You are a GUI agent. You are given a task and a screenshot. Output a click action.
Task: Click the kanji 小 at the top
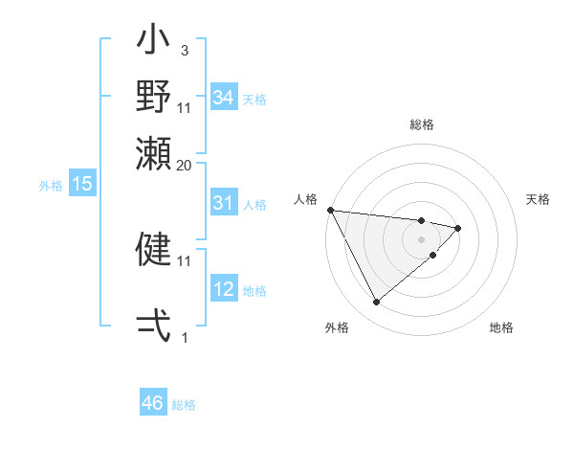(x=153, y=44)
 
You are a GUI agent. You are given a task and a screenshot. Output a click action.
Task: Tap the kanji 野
(x=153, y=96)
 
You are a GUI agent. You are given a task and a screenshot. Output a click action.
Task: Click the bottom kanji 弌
(x=153, y=326)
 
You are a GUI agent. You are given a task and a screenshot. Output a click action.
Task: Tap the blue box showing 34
(x=223, y=98)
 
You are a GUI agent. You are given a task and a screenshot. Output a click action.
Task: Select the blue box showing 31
(x=223, y=203)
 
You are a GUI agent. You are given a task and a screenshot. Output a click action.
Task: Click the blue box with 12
(x=223, y=289)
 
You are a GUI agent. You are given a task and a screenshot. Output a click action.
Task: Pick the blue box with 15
(x=81, y=184)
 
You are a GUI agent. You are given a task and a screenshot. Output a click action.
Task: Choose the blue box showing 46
(x=152, y=403)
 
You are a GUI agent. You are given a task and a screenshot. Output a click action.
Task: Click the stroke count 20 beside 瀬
(x=185, y=165)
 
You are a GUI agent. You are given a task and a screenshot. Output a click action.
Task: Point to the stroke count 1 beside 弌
(x=185, y=337)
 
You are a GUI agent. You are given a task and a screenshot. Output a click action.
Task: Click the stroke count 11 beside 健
(x=185, y=259)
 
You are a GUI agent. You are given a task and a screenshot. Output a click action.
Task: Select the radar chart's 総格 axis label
(x=421, y=124)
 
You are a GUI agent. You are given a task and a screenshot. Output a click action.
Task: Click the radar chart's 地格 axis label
(x=501, y=327)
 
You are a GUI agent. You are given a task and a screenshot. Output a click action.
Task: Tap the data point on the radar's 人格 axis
(x=330, y=210)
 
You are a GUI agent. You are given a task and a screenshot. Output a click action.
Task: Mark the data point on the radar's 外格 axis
(x=376, y=302)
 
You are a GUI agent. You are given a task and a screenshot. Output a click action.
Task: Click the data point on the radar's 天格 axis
(x=458, y=228)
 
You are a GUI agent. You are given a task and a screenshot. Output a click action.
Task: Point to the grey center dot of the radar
(x=421, y=238)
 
